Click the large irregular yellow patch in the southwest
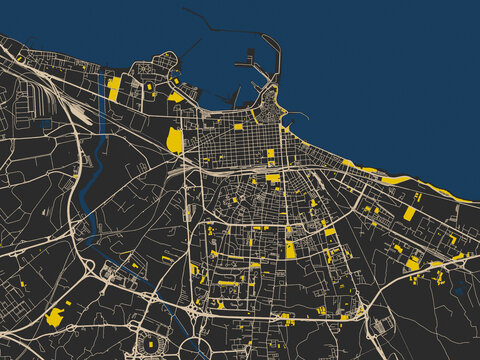tap(55, 316)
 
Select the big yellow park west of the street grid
tap(175, 140)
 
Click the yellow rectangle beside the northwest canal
tap(114, 88)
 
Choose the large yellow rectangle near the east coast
tap(409, 213)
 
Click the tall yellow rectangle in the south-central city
tap(290, 250)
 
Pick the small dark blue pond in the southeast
tap(458, 288)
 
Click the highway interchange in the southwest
tap(110, 269)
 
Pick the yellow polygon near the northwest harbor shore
tap(176, 97)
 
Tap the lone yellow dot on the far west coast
tap(19, 58)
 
